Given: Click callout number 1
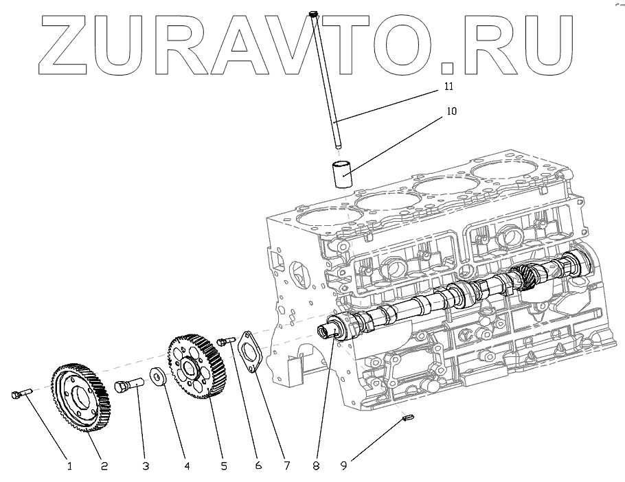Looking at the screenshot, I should point(69,466).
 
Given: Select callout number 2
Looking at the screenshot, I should point(105,466).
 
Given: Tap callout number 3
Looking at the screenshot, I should point(145,466).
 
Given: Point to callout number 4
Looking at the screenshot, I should point(186,466).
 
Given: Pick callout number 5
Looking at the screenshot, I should point(224,466).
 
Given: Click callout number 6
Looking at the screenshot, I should point(259,466).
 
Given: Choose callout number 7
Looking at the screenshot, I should point(287,466).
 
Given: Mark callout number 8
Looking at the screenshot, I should point(315,466).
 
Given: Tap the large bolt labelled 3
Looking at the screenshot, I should point(128,388).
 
